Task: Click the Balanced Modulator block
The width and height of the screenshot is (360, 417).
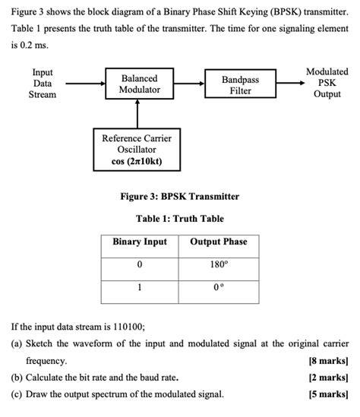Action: click(x=139, y=84)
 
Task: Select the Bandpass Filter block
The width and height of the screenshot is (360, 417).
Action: click(x=240, y=85)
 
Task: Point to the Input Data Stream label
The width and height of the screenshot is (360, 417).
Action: click(x=43, y=84)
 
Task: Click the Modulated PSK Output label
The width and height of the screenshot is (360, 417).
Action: click(x=327, y=83)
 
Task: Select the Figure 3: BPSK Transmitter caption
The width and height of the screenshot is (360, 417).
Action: click(x=180, y=196)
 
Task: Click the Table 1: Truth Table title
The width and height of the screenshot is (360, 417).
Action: click(x=180, y=219)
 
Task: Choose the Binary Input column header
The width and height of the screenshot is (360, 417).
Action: click(x=140, y=242)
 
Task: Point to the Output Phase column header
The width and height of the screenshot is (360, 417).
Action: click(x=219, y=242)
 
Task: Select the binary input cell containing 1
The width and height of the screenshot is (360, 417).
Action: click(x=140, y=289)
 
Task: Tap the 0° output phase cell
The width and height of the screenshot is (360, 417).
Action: click(x=219, y=289)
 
